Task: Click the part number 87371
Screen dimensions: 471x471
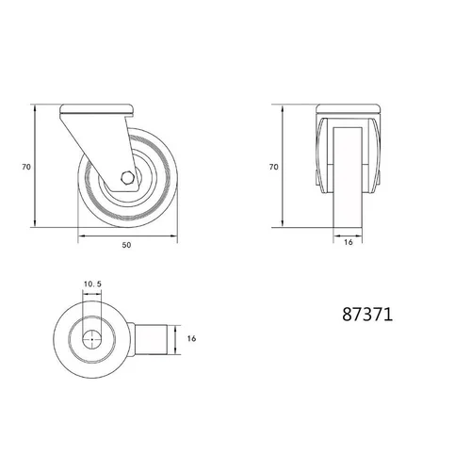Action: (367, 314)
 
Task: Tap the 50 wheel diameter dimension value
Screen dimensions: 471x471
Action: (126, 245)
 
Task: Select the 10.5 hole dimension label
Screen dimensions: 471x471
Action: (92, 284)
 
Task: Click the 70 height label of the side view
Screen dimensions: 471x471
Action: (26, 167)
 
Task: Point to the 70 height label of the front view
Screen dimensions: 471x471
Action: (274, 167)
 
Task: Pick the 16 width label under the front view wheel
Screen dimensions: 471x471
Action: (349, 242)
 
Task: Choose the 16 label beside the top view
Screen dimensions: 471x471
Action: (191, 338)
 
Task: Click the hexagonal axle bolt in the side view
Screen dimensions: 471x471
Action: (127, 178)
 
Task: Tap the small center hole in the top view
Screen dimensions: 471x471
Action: (92, 339)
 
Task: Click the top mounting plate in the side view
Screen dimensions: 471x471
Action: (97, 108)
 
